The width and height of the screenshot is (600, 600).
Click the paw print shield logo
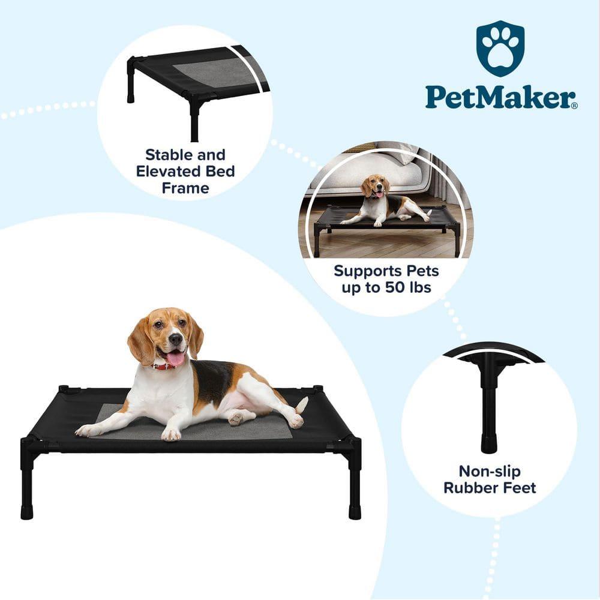click(x=500, y=49)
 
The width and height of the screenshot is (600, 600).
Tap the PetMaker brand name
click(x=501, y=98)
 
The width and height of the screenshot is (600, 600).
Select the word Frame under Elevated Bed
click(x=185, y=188)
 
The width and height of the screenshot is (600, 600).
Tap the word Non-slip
click(x=490, y=471)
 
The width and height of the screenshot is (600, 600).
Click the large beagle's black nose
click(x=176, y=339)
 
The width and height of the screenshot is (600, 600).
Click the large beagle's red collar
click(x=162, y=365)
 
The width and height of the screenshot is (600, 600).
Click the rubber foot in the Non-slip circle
click(x=489, y=444)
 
